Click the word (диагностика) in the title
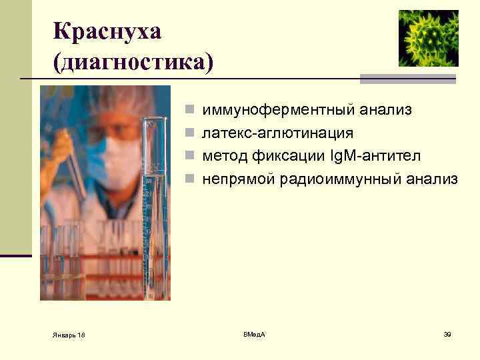click(134, 63)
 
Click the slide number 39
click(447, 333)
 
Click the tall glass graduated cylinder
click(154, 200)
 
